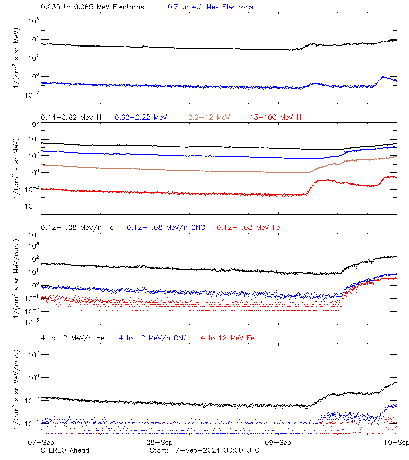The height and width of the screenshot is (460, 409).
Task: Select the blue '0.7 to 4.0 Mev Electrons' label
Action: tap(210, 7)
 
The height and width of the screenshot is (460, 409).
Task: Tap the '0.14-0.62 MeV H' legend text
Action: tap(71, 118)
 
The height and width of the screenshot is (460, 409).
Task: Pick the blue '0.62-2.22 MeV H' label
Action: tap(145, 118)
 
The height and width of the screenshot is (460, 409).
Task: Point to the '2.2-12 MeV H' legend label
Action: tap(213, 118)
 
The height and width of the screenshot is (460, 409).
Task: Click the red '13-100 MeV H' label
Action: tap(276, 118)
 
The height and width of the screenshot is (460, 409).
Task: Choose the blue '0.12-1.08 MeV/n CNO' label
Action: tap(166, 227)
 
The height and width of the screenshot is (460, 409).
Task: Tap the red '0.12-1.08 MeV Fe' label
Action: tap(248, 227)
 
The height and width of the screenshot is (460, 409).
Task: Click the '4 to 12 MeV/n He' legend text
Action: tap(73, 338)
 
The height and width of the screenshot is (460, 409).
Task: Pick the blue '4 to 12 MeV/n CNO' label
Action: tap(153, 338)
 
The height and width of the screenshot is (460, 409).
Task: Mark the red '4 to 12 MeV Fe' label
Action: tap(228, 338)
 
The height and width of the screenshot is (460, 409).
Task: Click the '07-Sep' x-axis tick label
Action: tap(41, 442)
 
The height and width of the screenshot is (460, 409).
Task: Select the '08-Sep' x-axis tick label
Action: tap(160, 442)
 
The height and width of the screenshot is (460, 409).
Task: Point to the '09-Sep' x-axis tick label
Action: tap(278, 442)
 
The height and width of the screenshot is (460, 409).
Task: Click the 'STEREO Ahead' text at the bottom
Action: tap(65, 450)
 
